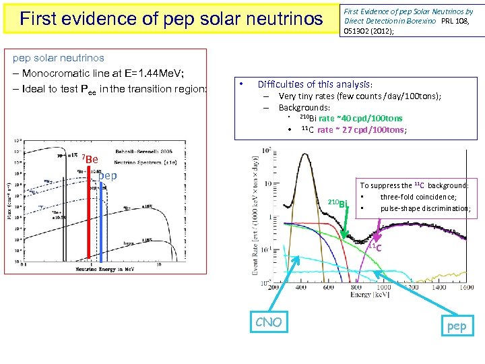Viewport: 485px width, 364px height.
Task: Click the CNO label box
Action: point(268,323)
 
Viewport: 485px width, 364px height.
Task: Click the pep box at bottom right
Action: point(456,326)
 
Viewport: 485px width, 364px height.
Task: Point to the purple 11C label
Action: point(376,247)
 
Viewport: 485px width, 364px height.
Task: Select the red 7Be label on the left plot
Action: point(90,159)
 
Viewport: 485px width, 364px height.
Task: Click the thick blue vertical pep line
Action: point(101,222)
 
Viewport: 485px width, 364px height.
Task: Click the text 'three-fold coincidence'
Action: point(418,197)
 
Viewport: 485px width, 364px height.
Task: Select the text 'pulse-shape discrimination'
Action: point(424,208)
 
